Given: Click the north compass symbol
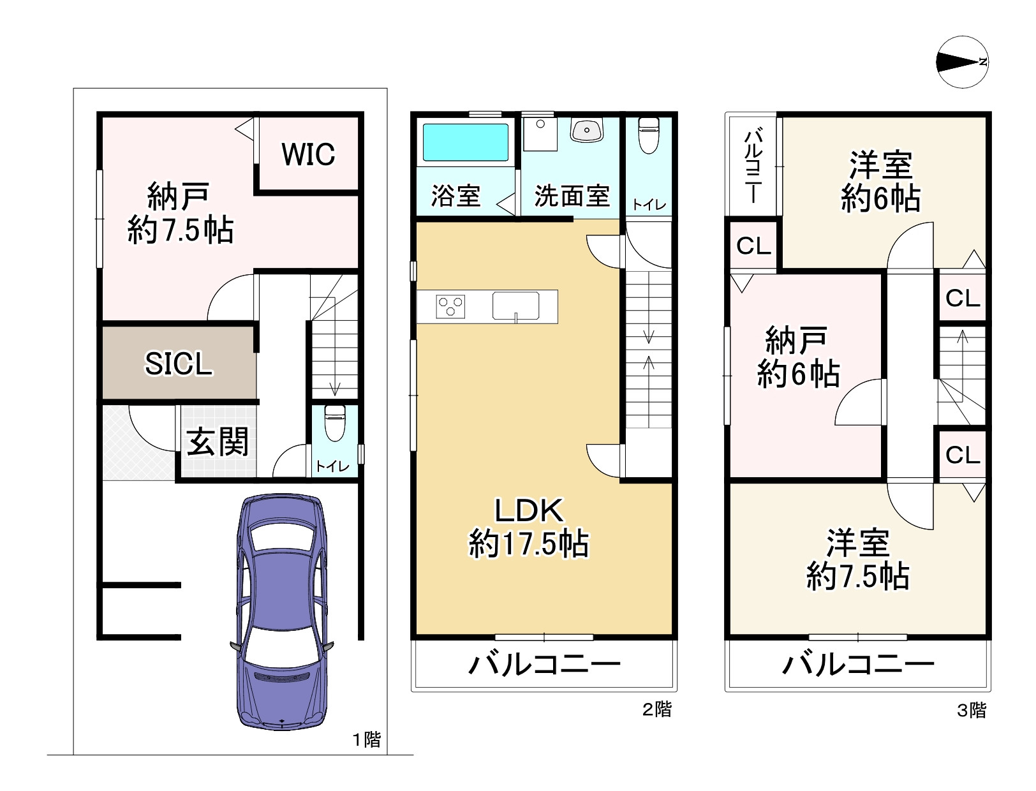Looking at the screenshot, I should click(x=962, y=62).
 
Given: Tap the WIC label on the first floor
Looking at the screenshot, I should click(x=308, y=154).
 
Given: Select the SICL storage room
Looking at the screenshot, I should click(x=179, y=364).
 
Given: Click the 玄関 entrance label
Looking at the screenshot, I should click(x=218, y=442).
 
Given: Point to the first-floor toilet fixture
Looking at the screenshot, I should click(x=334, y=422).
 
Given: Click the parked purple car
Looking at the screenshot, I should click(x=281, y=611).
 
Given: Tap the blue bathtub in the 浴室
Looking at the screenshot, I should click(x=465, y=142).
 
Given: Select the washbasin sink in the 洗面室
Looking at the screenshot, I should click(x=586, y=131).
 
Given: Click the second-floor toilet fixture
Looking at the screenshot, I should click(x=648, y=135).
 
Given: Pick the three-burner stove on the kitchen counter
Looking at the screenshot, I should click(x=450, y=306).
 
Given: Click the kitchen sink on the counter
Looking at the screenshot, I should click(x=515, y=306).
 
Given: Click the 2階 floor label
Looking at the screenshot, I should click(x=656, y=709).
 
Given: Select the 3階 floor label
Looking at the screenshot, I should click(x=971, y=710).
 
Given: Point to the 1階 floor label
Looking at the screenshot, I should click(x=367, y=739).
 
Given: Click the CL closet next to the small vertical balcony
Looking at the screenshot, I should click(x=753, y=246).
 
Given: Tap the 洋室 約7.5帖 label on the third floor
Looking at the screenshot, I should click(x=857, y=559).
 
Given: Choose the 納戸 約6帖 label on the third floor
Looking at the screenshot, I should click(x=797, y=357).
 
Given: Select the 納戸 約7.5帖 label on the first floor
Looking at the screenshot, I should click(x=180, y=213).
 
